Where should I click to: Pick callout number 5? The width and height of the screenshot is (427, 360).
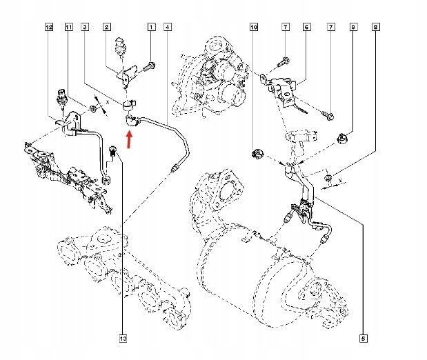tap(362, 338)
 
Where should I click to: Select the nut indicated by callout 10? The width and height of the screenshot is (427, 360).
tap(256, 152)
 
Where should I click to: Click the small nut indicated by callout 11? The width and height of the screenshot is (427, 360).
tap(92, 108)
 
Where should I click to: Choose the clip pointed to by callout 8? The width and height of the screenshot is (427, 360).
tap(328, 180)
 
